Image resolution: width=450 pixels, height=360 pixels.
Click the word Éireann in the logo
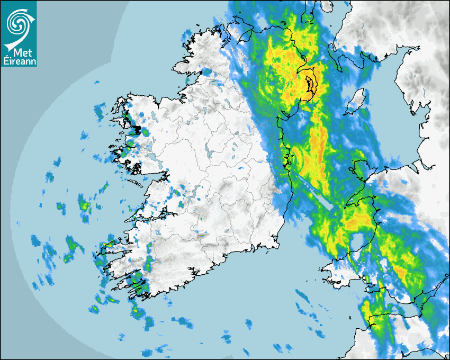pyautogui.click(x=19, y=61)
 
